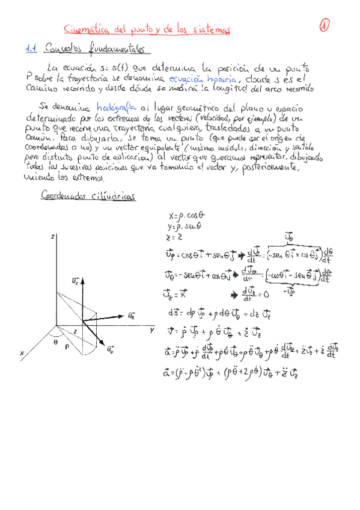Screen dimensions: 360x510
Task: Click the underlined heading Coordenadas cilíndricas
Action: (x=88, y=195)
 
